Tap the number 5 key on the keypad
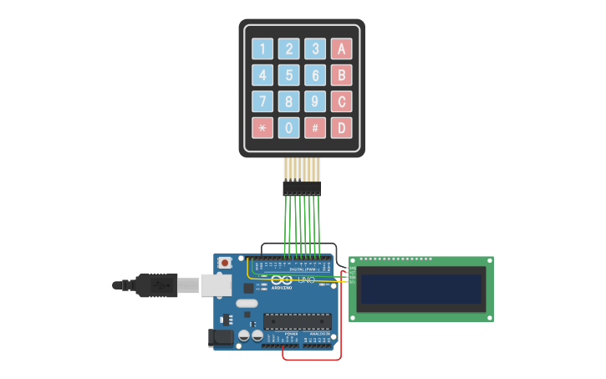tap(289, 75)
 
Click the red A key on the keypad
tap(341, 49)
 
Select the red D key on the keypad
tap(341, 128)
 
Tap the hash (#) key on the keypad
tap(315, 128)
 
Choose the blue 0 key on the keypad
tap(289, 128)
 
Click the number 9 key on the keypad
tap(315, 102)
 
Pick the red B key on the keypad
tap(341, 75)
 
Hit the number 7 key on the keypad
tap(263, 102)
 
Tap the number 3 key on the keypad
tap(315, 49)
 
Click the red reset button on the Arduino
tap(225, 263)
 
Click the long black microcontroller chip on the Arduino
tap(297, 320)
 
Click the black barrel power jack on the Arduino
tap(218, 337)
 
